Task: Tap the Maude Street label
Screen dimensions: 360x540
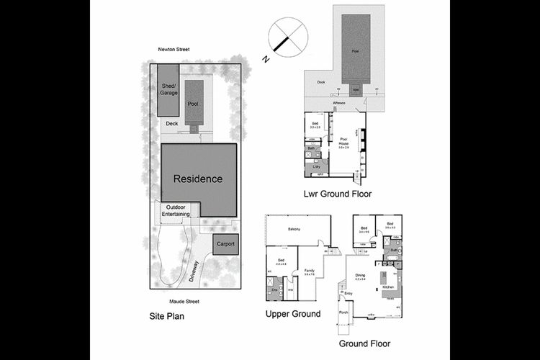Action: [x=184, y=301]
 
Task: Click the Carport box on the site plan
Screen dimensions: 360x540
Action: [x=225, y=244]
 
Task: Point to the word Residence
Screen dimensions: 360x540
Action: [x=198, y=179]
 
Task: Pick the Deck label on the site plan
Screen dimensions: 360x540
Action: [x=171, y=124]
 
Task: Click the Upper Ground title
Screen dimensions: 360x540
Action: [x=292, y=314]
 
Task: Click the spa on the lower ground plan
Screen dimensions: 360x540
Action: [x=356, y=89]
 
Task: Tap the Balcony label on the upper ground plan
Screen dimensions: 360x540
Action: [x=294, y=230]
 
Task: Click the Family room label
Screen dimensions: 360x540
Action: [x=310, y=271]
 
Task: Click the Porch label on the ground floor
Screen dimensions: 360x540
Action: [x=343, y=313]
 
